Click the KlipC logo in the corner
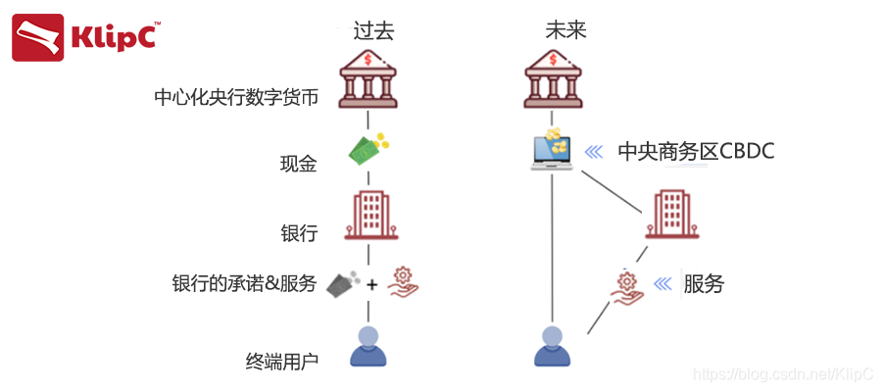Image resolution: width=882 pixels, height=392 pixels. (86, 37)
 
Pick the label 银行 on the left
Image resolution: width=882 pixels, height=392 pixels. (299, 233)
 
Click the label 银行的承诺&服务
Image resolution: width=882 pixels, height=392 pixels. (244, 284)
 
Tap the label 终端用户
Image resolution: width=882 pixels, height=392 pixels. (282, 362)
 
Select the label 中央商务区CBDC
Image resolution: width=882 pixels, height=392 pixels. (696, 152)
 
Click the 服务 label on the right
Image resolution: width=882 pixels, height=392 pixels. (704, 284)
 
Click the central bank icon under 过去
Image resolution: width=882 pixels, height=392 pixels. (367, 79)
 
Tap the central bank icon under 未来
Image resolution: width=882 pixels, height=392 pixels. (555, 79)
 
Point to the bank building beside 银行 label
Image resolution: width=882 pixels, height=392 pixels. (369, 216)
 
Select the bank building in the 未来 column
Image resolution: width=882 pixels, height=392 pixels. (671, 216)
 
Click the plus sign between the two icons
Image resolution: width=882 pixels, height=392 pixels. (372, 285)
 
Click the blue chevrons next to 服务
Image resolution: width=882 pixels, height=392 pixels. (665, 284)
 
